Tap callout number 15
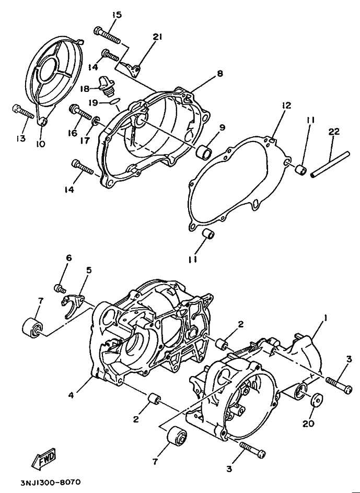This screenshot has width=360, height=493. [115, 15]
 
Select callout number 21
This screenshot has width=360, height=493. [158, 37]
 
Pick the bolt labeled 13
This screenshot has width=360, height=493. [21, 111]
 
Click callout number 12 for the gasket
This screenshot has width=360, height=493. [286, 105]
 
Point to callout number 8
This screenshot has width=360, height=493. [220, 74]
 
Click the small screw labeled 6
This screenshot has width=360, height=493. [60, 288]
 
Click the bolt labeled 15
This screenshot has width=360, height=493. [108, 34]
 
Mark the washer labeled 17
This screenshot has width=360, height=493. [95, 121]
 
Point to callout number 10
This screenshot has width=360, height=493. [41, 144]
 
